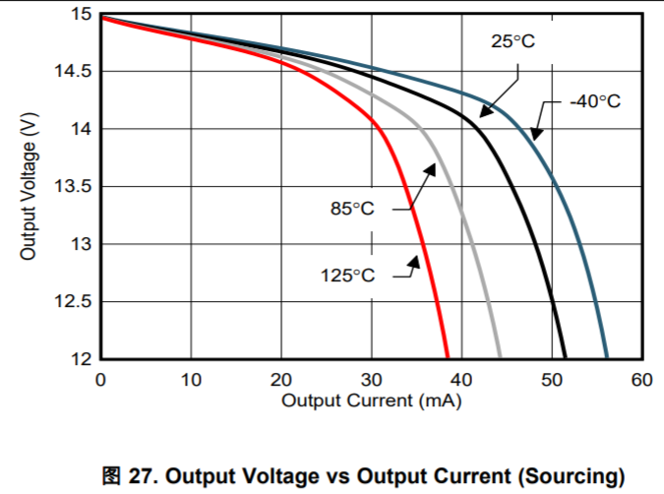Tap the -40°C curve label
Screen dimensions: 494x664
click(595, 102)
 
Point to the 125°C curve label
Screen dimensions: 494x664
click(347, 276)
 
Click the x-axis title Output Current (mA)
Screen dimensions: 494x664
click(371, 401)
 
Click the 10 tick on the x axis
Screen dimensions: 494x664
click(191, 380)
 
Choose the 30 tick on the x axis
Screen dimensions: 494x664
click(371, 380)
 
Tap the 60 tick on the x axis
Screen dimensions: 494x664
click(642, 380)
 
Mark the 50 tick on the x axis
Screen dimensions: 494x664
click(552, 380)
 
